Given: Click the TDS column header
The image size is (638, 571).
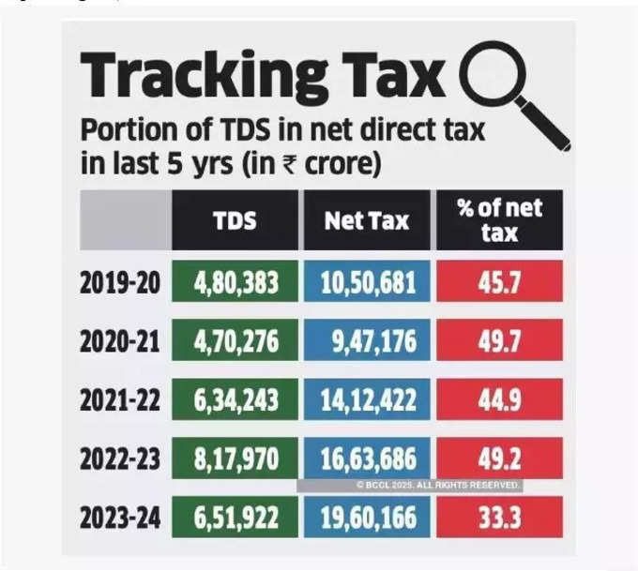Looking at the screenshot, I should [x=234, y=220].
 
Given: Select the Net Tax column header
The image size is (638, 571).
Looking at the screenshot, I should [x=367, y=220].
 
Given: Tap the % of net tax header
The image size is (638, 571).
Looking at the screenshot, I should [x=499, y=219].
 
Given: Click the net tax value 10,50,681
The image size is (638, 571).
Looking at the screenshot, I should [x=367, y=282].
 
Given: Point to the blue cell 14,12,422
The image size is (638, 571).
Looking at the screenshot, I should [x=367, y=399].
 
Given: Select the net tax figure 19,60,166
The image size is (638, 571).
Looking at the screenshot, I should [x=367, y=517].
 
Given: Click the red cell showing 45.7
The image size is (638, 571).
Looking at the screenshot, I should [x=499, y=282].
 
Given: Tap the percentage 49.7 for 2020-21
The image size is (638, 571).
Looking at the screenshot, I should [x=499, y=340].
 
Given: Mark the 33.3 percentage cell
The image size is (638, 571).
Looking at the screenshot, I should [x=499, y=517].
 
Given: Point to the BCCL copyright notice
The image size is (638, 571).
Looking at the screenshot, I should [x=438, y=485].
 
